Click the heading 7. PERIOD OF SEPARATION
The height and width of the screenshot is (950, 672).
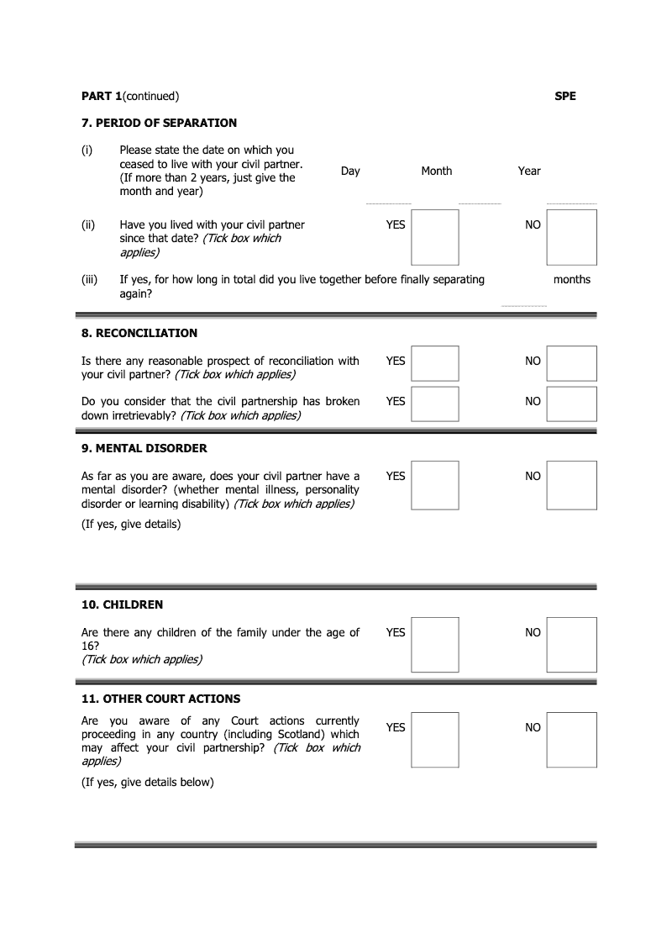pos(159,123)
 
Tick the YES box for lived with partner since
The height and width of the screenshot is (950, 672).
pos(435,237)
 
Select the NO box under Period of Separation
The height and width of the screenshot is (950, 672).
pos(571,237)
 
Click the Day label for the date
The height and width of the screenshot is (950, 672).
pos(350,171)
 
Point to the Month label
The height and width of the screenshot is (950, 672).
pos(436,171)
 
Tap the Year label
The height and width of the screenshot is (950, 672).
pos(529,171)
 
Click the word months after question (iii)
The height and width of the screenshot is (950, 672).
pos(572,279)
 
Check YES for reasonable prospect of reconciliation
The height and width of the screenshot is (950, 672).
pos(435,363)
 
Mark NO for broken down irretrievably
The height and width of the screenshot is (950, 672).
pos(571,404)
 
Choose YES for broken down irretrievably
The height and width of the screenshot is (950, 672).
pos(435,404)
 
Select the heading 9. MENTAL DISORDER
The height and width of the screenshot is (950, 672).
pos(144,448)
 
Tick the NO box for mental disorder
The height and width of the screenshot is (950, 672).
pos(571,485)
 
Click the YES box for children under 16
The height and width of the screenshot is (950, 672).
pos(435,645)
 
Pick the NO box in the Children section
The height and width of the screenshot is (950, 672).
pos(571,645)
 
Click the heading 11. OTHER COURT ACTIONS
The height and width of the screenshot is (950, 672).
pos(160,699)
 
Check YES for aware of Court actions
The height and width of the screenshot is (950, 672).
pos(435,740)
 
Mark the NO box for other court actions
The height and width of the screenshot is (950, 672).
pos(571,740)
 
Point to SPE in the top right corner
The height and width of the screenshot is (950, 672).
pos(565,96)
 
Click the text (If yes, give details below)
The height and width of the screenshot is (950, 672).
pos(148,782)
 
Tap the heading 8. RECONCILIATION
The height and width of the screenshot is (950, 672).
pos(139,333)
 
